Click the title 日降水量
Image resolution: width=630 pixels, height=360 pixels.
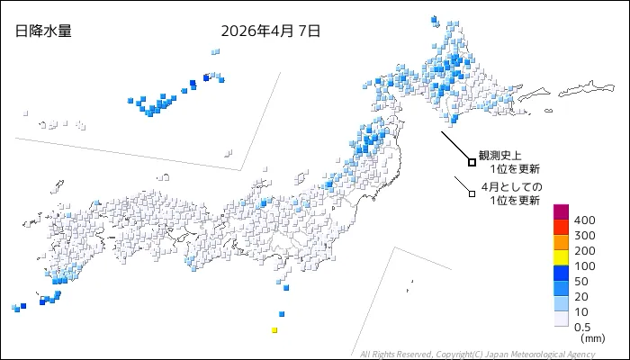point(43,31)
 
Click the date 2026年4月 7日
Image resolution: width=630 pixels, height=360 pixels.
point(270,31)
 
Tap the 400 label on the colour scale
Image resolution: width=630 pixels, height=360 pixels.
point(584,220)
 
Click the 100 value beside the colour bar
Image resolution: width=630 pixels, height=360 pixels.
point(584,266)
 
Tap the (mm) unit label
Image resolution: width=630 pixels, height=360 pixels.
point(593,338)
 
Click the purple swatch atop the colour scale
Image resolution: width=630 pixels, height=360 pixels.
point(561,212)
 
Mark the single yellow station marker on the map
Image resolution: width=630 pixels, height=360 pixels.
point(274,330)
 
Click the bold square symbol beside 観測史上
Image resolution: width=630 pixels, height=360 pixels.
point(472,162)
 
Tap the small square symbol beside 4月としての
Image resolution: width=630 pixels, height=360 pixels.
point(471,192)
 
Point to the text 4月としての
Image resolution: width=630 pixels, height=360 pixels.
point(511,187)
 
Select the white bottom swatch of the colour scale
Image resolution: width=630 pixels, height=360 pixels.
point(561,319)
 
